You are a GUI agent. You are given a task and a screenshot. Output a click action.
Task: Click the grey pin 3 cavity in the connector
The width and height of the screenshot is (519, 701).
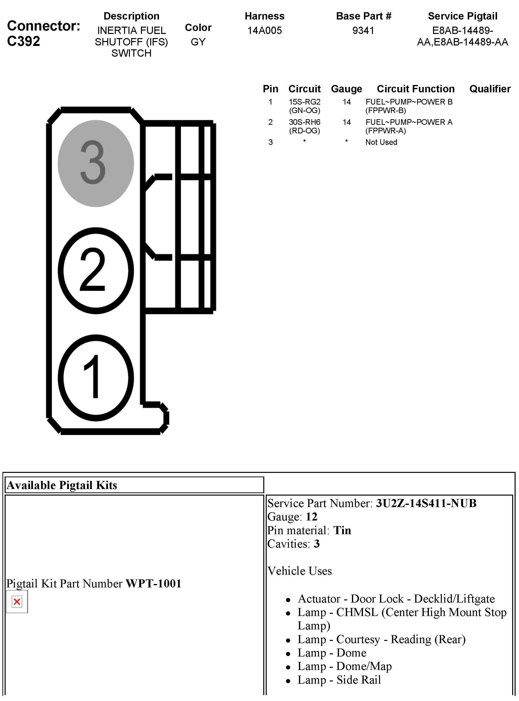pyautogui.click(x=95, y=163)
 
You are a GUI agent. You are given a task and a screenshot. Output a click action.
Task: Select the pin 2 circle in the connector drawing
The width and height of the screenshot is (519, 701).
pyautogui.click(x=95, y=271)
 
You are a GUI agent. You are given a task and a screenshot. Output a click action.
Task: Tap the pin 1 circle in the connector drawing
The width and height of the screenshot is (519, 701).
pyautogui.click(x=95, y=377)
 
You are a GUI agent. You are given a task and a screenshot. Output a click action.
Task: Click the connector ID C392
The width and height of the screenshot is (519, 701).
pyautogui.click(x=23, y=41)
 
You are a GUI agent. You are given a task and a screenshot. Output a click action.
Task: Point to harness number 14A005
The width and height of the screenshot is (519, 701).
pyautogui.click(x=264, y=31)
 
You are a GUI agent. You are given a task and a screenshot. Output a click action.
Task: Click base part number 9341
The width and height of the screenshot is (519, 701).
pyautogui.click(x=363, y=31)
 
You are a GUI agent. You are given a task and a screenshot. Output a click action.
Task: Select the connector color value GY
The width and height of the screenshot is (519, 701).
pyautogui.click(x=198, y=42)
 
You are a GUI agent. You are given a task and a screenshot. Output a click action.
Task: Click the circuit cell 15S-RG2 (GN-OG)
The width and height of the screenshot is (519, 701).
pyautogui.click(x=304, y=106)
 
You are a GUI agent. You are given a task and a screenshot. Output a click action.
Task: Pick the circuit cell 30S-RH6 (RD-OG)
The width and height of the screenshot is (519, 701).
pyautogui.click(x=304, y=126)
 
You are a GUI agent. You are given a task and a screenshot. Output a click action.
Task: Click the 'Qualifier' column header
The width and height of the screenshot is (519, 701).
pyautogui.click(x=490, y=89)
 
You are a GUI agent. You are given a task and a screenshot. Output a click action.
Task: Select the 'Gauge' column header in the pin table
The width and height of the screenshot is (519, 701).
pyautogui.click(x=346, y=89)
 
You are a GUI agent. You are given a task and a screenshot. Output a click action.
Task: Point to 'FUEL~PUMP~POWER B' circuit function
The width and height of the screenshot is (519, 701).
pyautogui.click(x=409, y=102)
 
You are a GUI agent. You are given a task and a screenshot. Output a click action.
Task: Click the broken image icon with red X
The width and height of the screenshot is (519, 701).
pyautogui.click(x=17, y=602)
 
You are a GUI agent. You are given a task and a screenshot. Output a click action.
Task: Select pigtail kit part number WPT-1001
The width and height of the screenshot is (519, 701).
pyautogui.click(x=153, y=584)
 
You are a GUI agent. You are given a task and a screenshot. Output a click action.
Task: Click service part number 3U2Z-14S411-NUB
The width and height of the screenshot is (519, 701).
pyautogui.click(x=426, y=503)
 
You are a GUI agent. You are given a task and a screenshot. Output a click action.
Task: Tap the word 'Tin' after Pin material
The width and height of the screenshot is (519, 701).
pyautogui.click(x=342, y=530)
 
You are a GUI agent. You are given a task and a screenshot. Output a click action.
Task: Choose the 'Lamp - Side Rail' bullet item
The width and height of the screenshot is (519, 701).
pyautogui.click(x=339, y=680)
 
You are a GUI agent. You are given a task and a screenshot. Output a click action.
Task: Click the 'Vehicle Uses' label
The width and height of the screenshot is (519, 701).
pyautogui.click(x=299, y=571)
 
